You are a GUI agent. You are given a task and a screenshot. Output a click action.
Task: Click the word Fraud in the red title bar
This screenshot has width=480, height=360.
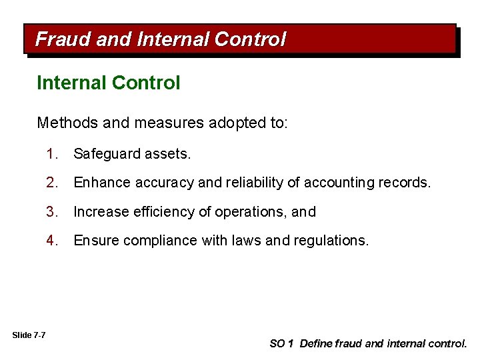(x=63, y=40)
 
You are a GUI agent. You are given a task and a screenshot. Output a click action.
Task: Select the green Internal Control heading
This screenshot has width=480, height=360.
(x=109, y=83)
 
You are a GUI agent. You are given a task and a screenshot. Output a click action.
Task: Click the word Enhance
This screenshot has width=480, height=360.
(x=99, y=183)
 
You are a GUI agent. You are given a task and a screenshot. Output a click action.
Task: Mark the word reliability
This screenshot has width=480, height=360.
(x=263, y=183)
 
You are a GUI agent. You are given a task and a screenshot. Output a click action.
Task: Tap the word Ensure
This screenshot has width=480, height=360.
(x=95, y=240)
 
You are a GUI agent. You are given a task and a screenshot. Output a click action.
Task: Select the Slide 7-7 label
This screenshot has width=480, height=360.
(x=29, y=335)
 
